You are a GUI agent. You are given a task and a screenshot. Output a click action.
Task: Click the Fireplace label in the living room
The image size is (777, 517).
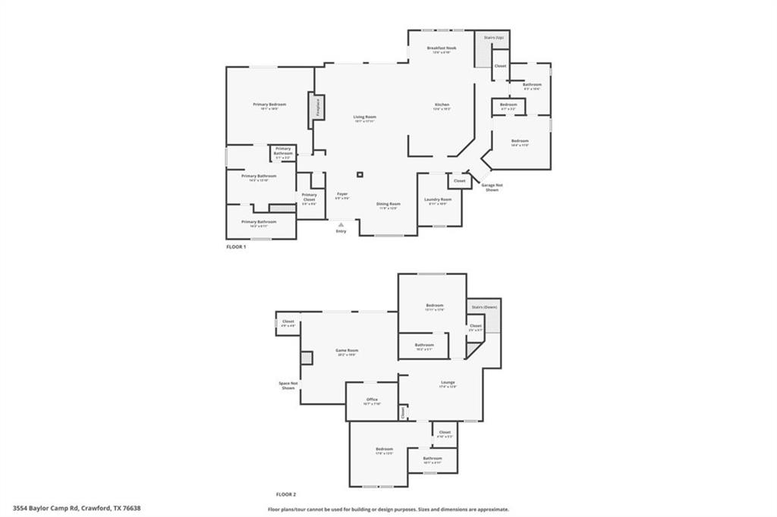click(318, 105)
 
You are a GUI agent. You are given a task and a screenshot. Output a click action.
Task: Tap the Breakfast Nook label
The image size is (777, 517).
click(442, 48)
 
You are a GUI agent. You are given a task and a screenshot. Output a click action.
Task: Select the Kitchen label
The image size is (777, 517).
click(442, 105)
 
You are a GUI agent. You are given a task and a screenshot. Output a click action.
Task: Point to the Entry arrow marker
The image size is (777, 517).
click(341, 224)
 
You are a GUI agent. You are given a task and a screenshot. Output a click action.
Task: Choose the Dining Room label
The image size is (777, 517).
click(388, 203)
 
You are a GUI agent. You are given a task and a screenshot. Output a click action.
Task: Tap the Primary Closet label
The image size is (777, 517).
click(309, 197)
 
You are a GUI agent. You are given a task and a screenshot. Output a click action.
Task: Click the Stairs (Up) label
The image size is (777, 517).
click(494, 36)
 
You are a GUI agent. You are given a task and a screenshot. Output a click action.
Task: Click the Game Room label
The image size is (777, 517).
click(347, 350)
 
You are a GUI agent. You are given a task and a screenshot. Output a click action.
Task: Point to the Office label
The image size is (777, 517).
click(372, 399)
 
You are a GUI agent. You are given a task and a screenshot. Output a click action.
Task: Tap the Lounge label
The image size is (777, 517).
click(448, 382)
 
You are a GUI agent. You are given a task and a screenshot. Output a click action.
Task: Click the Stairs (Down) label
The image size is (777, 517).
click(483, 306)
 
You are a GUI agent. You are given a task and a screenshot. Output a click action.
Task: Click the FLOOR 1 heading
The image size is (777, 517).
click(236, 246)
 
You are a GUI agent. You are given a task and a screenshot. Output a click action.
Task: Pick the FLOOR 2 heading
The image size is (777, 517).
click(285, 493)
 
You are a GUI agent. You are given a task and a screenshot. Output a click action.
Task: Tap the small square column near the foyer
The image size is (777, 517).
click(360, 175)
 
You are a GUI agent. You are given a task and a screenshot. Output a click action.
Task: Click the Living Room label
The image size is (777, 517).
click(365, 117)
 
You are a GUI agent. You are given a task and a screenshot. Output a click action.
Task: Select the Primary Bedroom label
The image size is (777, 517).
click(269, 104)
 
